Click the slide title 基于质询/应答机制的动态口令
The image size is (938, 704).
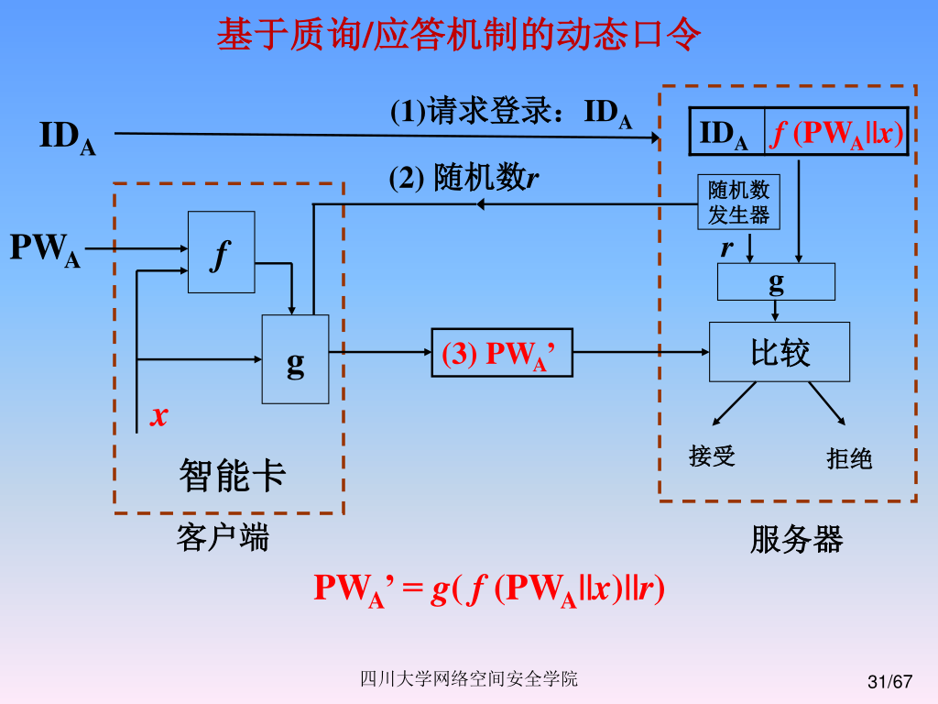pos(459,36)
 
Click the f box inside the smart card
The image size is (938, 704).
pos(221,252)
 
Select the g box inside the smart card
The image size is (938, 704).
pos(295,359)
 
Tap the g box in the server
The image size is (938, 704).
pos(776,281)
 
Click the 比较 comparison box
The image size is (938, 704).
pos(780,352)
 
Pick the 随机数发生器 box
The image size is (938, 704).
pos(739,203)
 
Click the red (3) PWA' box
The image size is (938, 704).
pos(501,353)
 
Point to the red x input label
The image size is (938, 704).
pos(159,415)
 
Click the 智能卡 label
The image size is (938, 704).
pos(232,476)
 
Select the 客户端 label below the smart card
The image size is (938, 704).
pos(223,537)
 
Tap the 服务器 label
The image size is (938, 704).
pos(796,539)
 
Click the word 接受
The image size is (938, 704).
pos(712,456)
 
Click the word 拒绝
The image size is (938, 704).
pos(849,458)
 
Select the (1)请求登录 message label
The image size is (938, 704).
pos(511,113)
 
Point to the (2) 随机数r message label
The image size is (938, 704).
pos(464,176)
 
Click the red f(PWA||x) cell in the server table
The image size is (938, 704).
pos(835,134)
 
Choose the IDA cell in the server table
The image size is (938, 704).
pos(725,134)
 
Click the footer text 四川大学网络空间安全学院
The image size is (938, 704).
pos(468,679)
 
